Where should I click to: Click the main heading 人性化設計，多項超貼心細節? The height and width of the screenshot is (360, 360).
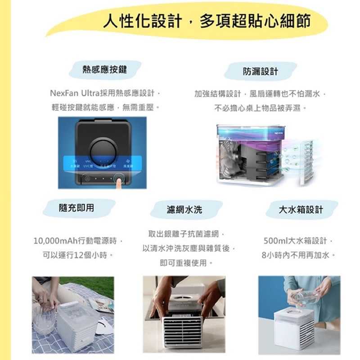[207, 21]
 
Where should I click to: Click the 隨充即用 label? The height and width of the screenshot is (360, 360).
[76, 207]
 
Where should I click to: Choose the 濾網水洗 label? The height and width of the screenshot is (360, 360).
[184, 209]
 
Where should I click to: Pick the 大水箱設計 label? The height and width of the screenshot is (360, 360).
[301, 209]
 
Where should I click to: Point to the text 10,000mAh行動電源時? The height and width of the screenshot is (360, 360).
[77, 241]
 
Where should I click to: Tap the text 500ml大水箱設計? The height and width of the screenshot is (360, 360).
[297, 241]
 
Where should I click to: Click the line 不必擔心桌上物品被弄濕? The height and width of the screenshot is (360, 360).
[260, 108]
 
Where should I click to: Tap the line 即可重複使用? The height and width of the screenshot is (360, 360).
[185, 263]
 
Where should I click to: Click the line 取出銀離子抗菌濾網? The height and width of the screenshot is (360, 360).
[185, 234]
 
